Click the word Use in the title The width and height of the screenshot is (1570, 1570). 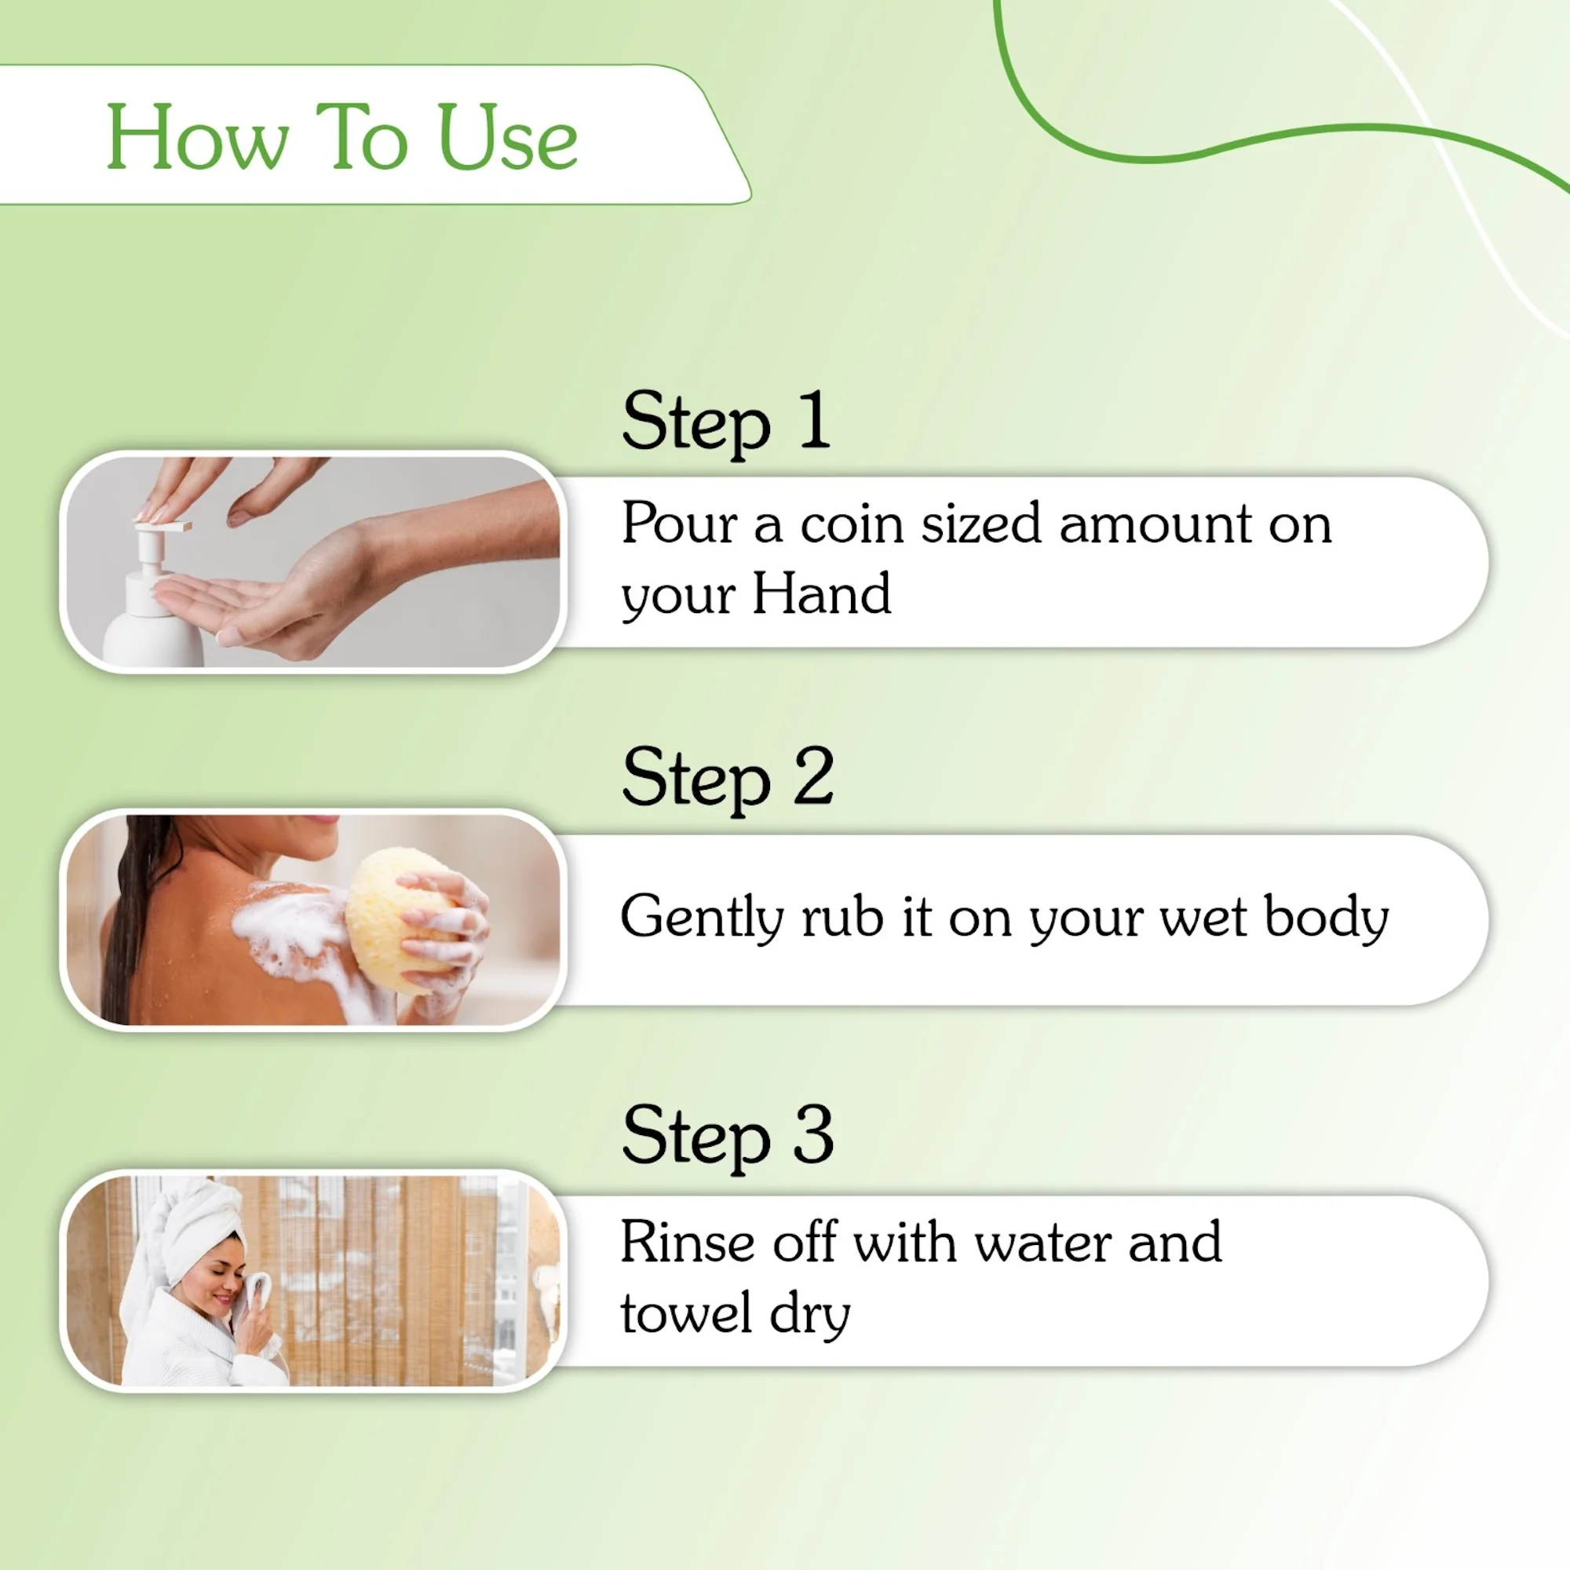(507, 138)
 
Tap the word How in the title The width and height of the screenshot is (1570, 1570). (198, 138)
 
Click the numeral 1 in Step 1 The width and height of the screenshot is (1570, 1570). (814, 419)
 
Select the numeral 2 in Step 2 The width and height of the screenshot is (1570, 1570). (813, 777)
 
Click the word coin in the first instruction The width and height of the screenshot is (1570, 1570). (851, 524)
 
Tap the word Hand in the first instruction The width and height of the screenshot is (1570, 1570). (822, 594)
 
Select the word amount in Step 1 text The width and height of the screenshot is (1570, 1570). (1154, 524)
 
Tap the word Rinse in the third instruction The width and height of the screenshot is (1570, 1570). (688, 1243)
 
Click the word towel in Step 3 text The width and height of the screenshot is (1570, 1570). (686, 1313)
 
